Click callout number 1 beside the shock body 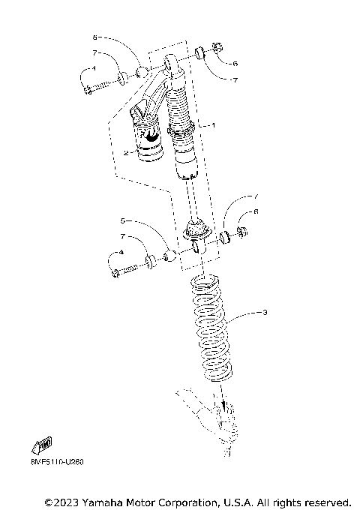(x=213, y=125)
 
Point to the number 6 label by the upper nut (x=235, y=64)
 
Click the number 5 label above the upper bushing (x=94, y=36)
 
